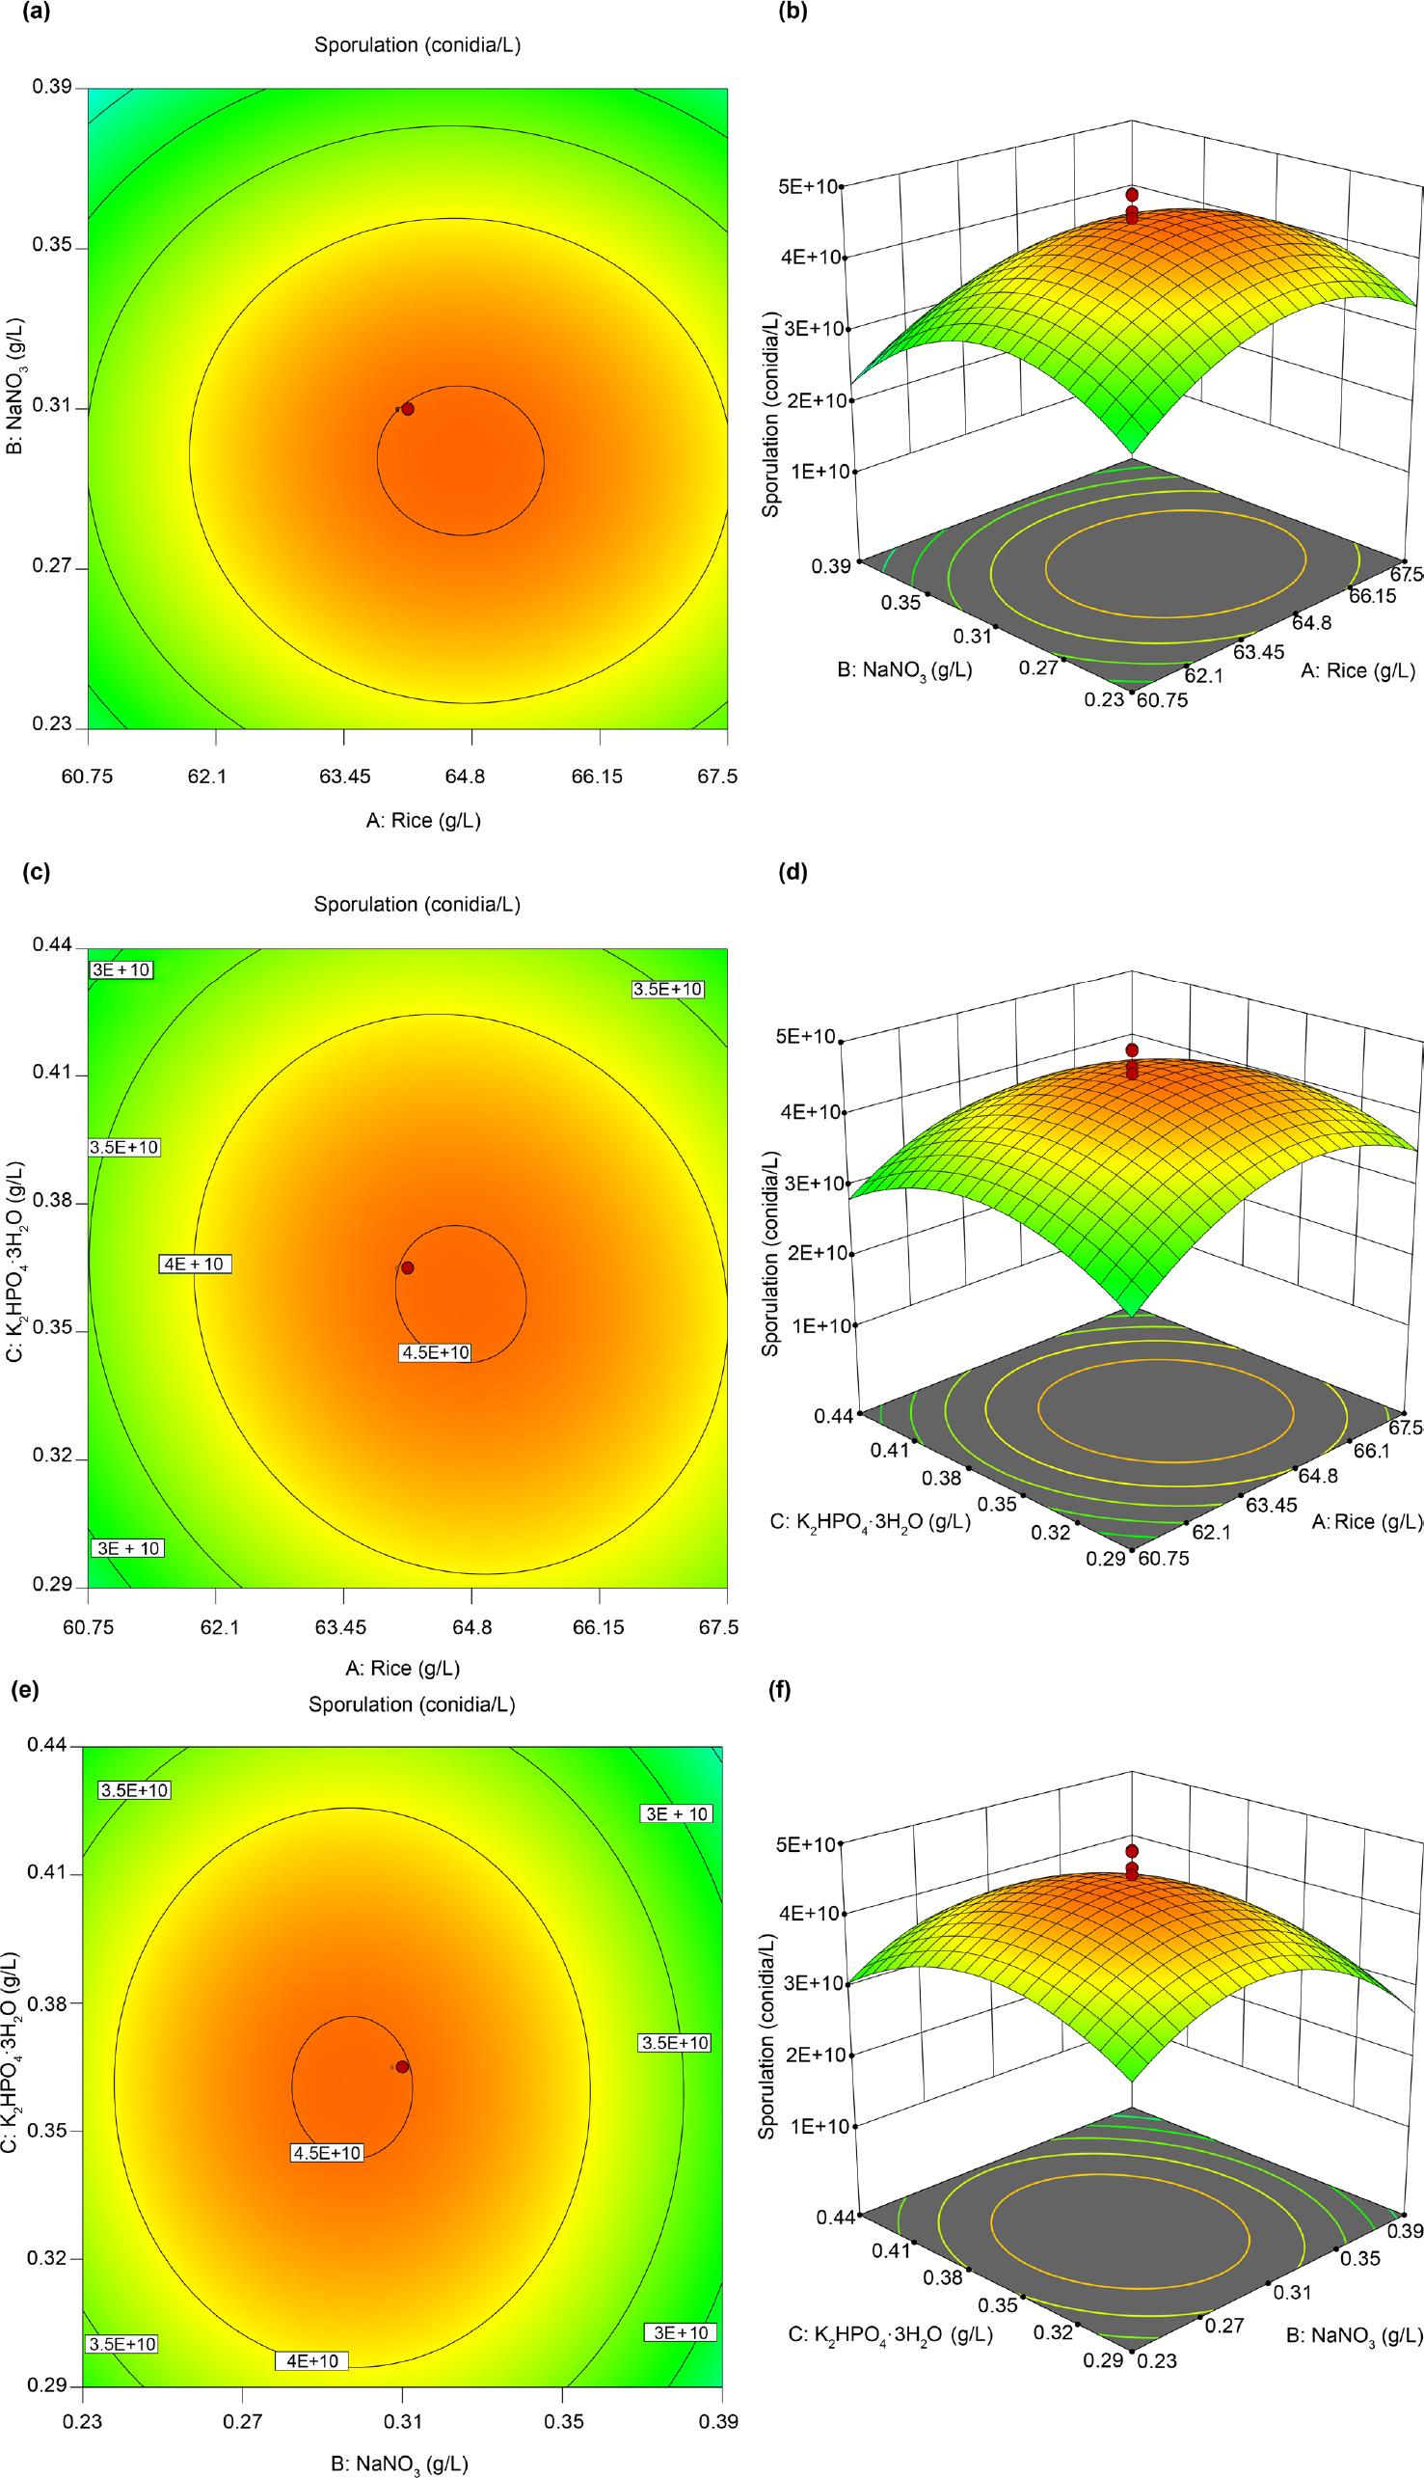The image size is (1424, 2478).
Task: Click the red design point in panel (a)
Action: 407,409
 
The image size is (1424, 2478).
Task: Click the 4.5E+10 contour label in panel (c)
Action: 435,1353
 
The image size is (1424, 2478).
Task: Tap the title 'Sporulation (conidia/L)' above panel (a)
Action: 416,45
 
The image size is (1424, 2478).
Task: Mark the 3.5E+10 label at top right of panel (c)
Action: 669,989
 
